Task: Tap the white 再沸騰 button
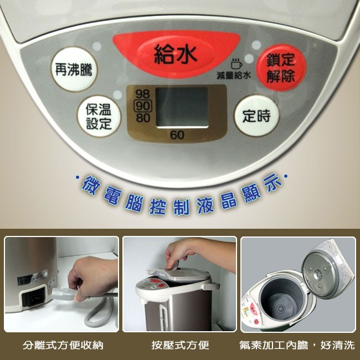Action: (74, 69)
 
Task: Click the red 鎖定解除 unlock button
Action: (281, 68)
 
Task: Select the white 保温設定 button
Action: (99, 116)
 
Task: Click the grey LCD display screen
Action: (182, 107)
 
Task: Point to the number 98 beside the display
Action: (142, 94)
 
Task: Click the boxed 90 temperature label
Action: (142, 106)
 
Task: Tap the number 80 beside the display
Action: (143, 118)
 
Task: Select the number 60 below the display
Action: (177, 135)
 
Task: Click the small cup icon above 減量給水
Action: (236, 64)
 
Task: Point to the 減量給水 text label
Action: (234, 75)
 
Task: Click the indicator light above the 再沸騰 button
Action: (97, 47)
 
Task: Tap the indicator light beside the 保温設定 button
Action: (117, 95)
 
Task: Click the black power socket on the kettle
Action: (34, 298)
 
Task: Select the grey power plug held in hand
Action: (63, 294)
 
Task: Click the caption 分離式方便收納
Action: (63, 345)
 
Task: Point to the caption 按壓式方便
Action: (180, 345)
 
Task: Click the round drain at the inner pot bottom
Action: (281, 309)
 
